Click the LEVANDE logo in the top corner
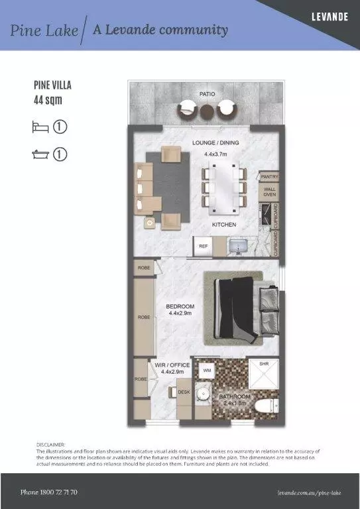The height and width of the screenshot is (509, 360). (330, 16)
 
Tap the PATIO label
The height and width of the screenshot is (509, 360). (207, 94)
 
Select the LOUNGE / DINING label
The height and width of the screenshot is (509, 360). (215, 142)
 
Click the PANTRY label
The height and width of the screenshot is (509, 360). (270, 177)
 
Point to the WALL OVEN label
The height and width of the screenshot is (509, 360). (270, 192)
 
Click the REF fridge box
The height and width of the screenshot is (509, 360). (204, 246)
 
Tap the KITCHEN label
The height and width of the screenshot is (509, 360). (224, 225)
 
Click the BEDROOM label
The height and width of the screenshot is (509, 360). (180, 306)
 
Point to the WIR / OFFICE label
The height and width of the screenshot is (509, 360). (175, 365)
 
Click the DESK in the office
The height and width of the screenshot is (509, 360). (184, 392)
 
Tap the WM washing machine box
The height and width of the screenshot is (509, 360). (207, 370)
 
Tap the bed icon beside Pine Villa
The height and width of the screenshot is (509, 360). (39, 126)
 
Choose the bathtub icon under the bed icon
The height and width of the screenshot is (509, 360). (39, 154)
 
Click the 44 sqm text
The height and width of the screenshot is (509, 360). (47, 101)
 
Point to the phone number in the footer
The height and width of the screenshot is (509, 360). (49, 492)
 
